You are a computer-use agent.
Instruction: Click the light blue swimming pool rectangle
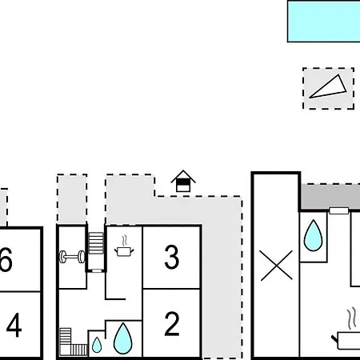coord(324,22)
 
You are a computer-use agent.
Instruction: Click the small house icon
coord(183,181)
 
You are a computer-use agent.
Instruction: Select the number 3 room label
coord(171,257)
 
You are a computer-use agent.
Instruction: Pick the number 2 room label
coord(172,324)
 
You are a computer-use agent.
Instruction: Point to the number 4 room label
coord(14,325)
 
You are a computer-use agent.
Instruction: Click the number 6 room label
coord(6,259)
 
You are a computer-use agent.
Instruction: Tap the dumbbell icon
coord(72,257)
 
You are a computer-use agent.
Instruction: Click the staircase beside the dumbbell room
coord(96,243)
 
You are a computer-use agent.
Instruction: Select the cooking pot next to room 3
coord(124,246)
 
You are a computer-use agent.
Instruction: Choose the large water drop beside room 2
coord(122,338)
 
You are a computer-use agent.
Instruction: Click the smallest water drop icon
coord(97,345)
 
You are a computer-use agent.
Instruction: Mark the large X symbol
coord(277,266)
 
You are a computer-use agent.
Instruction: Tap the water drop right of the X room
coord(313,235)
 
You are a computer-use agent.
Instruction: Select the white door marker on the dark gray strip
coord(339,210)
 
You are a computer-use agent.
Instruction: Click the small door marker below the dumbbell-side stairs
coord(97,270)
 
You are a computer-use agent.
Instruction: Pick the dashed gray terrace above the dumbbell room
coord(72,199)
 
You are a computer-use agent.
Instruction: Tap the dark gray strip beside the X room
coord(330,197)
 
